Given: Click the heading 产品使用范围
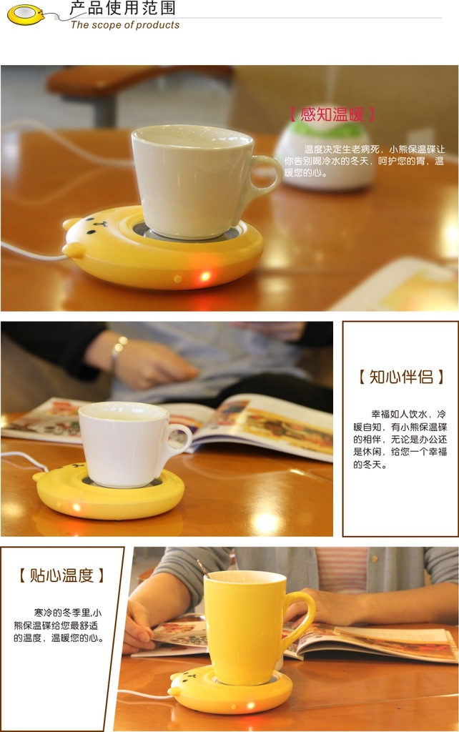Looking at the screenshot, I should click(x=122, y=9).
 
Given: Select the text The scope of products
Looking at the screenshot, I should click(x=125, y=25).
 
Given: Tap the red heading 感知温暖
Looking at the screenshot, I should click(x=332, y=114).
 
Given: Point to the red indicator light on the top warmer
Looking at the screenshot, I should click(x=204, y=275).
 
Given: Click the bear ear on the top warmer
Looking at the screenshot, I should click(x=73, y=249).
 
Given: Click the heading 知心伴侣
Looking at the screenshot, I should click(x=400, y=377).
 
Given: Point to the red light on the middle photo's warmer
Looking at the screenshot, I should click(x=76, y=508).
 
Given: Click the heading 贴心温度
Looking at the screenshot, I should click(x=61, y=575).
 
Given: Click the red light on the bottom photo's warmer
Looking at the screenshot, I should click(x=251, y=706).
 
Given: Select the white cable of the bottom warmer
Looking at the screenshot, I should click(x=143, y=694).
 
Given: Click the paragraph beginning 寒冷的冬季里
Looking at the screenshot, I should click(x=59, y=625).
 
